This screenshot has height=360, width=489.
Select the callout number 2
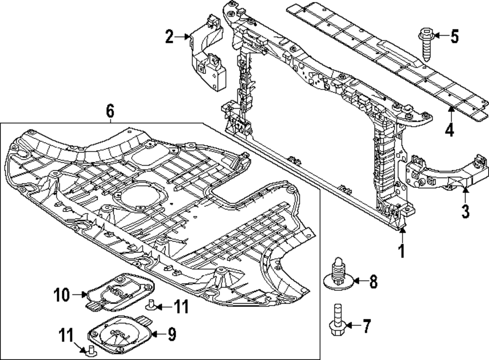pos(169,37)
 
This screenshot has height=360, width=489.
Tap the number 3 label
pos(465,211)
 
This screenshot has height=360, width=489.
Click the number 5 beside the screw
pos(454,37)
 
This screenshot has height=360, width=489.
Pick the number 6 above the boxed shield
pos(110,112)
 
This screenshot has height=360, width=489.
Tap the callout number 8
pos(373,281)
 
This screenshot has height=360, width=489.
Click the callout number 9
pos(172,334)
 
